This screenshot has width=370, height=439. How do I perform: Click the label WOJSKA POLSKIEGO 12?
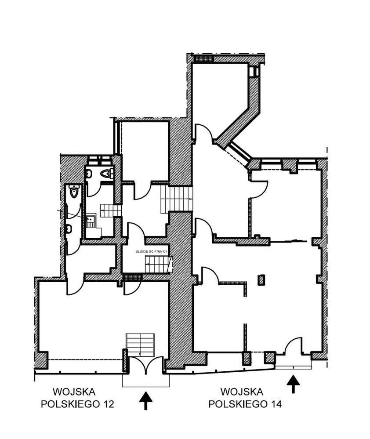77,398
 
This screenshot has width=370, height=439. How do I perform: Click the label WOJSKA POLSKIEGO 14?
242,398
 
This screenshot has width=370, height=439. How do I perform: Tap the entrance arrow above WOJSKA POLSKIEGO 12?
146,401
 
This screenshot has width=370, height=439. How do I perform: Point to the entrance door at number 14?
293,347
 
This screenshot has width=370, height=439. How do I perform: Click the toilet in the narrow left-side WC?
73,192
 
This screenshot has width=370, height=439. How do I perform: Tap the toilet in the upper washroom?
105,174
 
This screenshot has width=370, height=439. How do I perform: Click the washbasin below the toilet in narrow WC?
69,229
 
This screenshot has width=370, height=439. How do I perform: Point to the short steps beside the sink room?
110,210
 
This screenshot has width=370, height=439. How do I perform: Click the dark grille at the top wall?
203,58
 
